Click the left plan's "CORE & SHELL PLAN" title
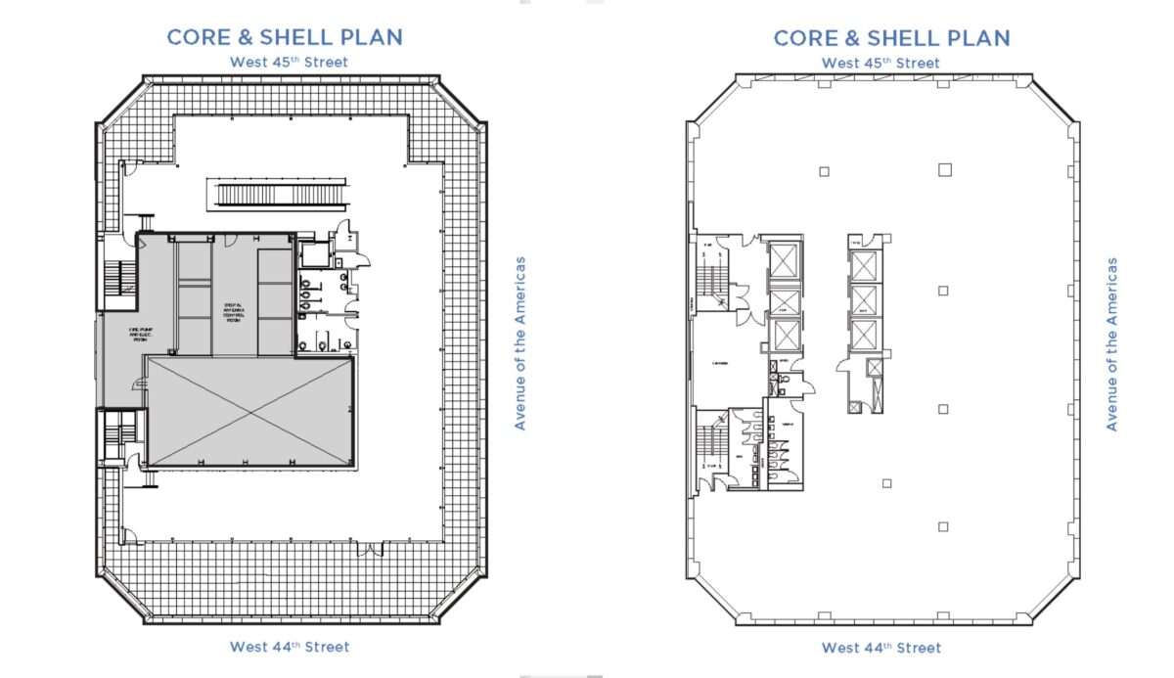click(x=285, y=37)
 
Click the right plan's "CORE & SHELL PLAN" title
click(x=891, y=37)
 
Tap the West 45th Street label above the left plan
click(x=289, y=63)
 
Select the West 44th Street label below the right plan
click(x=881, y=648)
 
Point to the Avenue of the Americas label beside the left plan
click(x=520, y=343)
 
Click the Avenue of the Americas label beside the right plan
click(x=1111, y=343)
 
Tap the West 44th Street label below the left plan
click(x=290, y=647)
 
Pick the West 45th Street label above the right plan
click(x=880, y=63)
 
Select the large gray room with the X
click(x=250, y=411)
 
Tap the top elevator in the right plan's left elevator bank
click(x=785, y=260)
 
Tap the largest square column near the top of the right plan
click(x=944, y=169)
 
